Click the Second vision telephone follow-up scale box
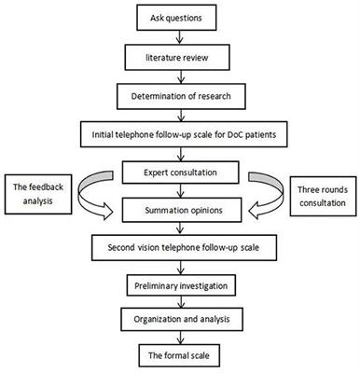point(180,246)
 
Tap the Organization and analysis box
point(180,320)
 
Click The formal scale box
point(180,355)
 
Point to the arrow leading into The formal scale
point(180,338)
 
